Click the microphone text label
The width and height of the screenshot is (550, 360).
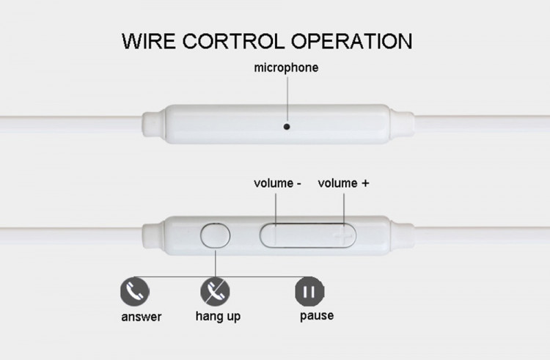point(286,67)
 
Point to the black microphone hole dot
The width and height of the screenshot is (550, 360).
point(286,126)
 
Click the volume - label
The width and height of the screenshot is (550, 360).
point(278,183)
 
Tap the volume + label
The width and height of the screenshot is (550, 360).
point(343,183)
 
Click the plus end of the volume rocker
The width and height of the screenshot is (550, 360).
point(339,236)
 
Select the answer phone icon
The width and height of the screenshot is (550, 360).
point(135,292)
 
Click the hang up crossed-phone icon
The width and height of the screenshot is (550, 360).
point(215,292)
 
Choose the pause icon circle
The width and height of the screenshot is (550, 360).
point(309,292)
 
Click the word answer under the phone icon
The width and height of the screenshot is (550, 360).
point(141,317)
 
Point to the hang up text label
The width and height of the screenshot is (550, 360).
point(218,317)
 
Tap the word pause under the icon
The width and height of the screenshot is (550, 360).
point(316,316)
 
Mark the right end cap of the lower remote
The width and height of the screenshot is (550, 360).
point(402,235)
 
